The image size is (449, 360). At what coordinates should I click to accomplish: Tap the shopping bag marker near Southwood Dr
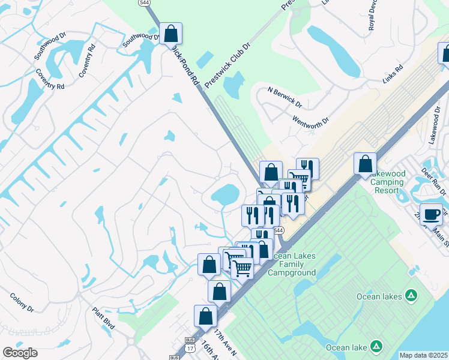pos(170,34)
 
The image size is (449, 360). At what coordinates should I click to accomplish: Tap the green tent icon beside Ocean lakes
pos(411,295)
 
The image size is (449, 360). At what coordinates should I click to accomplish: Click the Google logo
pos(20,352)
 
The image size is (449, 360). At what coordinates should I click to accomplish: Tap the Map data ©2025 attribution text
pos(423,355)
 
